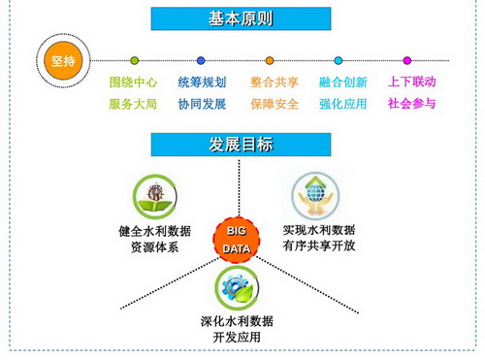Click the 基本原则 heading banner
coord(241,18)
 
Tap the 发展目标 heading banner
coord(241,145)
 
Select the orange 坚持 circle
coord(63,60)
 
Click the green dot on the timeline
coord(135,60)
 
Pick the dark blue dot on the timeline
coord(201,60)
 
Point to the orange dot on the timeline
coord(270,60)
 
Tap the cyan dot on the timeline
coord(339,60)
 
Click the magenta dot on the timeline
coord(407,60)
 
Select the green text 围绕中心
coord(133,82)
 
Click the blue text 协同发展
coord(202,104)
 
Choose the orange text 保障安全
coord(275,104)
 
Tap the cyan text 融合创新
coord(343,82)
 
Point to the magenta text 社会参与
coord(411,104)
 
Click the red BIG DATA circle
coord(237,240)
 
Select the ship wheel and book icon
coord(155,197)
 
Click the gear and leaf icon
coord(237,288)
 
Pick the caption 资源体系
coord(154,247)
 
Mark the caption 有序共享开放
coord(319,245)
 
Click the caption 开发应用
coord(237,337)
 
